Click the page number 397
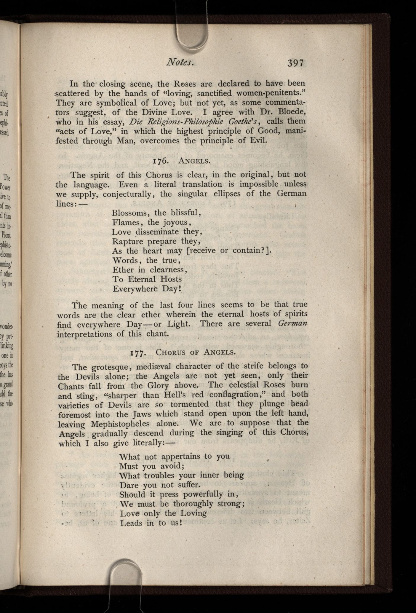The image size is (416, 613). (x=296, y=63)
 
